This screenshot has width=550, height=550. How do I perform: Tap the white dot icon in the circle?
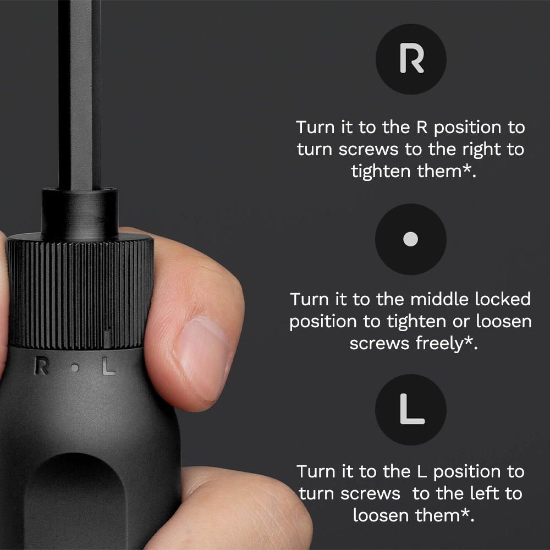pos(411,239)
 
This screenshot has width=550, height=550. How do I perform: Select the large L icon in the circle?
pos(411,410)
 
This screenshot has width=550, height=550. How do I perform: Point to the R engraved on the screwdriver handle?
pos(41,366)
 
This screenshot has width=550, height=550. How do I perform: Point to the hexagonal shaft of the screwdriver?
pos(80,94)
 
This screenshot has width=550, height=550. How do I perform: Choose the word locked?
pos(503,300)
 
